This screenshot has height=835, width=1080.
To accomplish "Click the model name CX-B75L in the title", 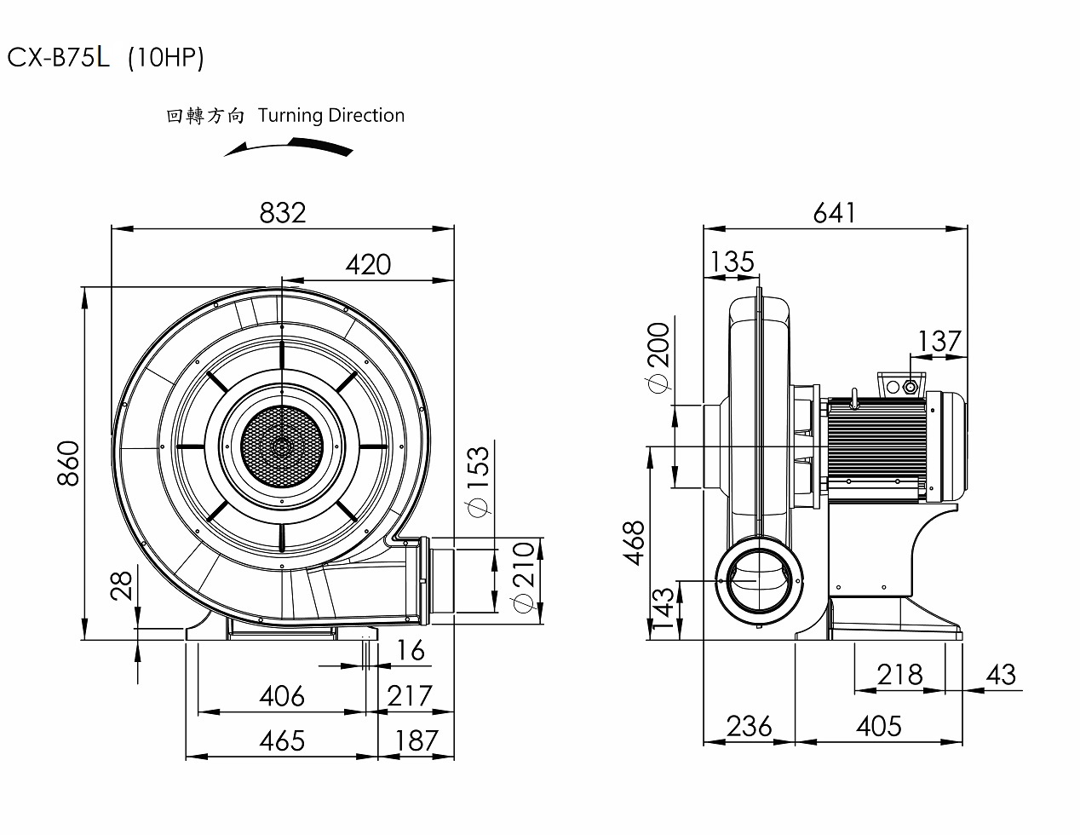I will pyautogui.click(x=59, y=58).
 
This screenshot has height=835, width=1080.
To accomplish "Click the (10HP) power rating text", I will pyautogui.click(x=165, y=58).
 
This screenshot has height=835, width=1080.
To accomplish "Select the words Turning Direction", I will pyautogui.click(x=330, y=115).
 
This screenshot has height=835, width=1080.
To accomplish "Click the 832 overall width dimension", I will pyautogui.click(x=282, y=212).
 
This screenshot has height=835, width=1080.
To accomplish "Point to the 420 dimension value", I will pyautogui.click(x=368, y=265).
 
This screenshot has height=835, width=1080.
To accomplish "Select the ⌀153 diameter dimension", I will pyautogui.click(x=478, y=481).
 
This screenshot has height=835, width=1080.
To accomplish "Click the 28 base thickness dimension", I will pyautogui.click(x=123, y=586).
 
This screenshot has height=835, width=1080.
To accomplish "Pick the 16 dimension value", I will pyautogui.click(x=411, y=650).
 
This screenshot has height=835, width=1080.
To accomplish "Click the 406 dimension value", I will pyautogui.click(x=281, y=696).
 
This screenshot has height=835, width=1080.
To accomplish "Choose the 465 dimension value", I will pyautogui.click(x=281, y=740).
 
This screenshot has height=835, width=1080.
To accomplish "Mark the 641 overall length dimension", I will pyautogui.click(x=834, y=212).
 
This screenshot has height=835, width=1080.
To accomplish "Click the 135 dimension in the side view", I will pyautogui.click(x=732, y=262).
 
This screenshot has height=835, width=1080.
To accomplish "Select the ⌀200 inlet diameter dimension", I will pyautogui.click(x=658, y=358).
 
